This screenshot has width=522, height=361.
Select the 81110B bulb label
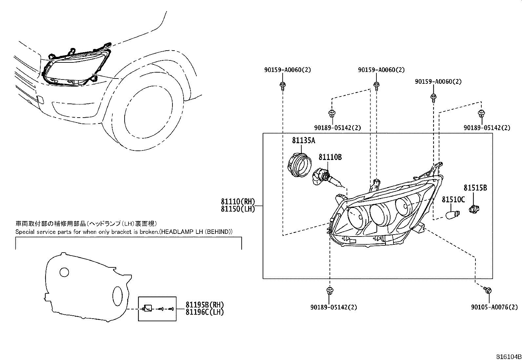(330, 158)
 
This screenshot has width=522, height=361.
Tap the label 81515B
(475, 188)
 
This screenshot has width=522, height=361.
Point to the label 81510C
(453, 200)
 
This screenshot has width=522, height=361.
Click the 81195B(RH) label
(204, 305)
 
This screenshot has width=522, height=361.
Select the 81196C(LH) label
(204, 312)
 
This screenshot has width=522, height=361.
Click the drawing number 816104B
(508, 356)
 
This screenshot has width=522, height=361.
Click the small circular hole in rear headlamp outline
(64, 272)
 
